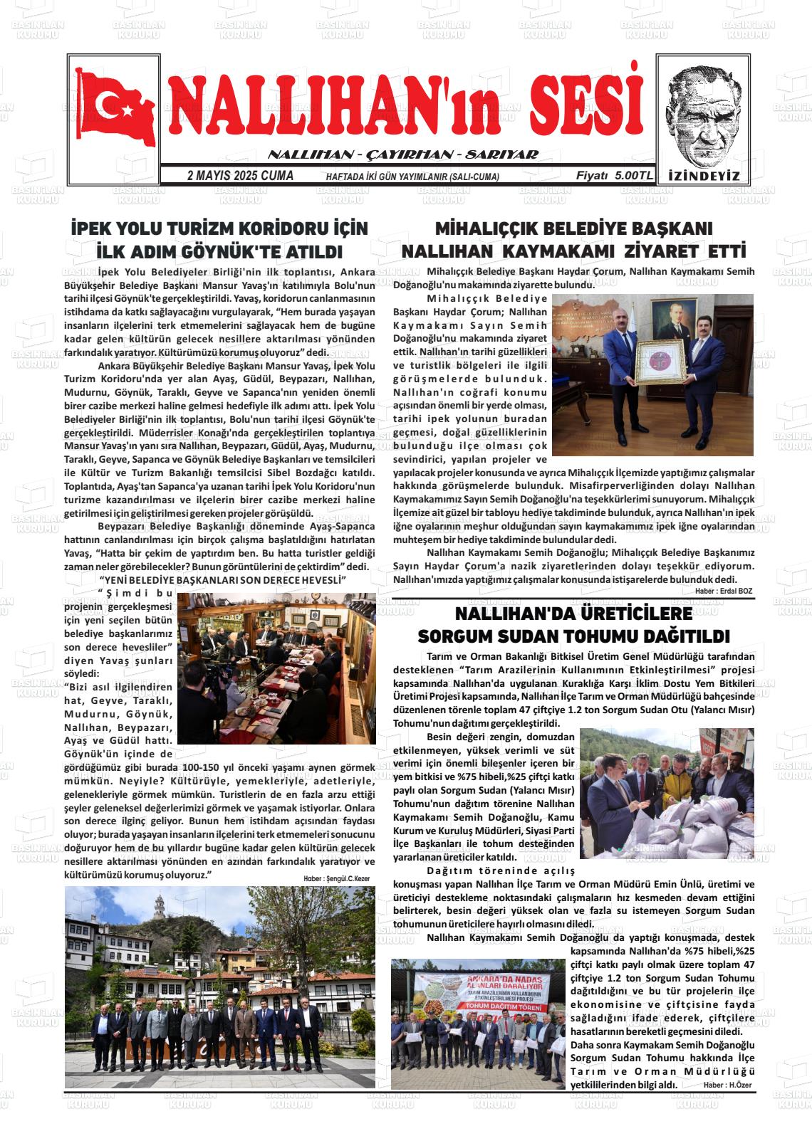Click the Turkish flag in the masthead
[x=115, y=107]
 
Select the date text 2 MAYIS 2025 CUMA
[x=240, y=176]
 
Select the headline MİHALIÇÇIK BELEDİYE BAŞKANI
[x=573, y=229]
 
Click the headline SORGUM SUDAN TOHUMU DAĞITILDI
[x=573, y=636]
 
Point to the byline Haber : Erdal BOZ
[x=724, y=591]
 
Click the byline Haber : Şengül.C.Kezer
[x=337, y=879]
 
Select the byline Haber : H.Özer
[x=727, y=1085]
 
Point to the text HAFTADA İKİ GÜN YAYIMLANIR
[x=412, y=177]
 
